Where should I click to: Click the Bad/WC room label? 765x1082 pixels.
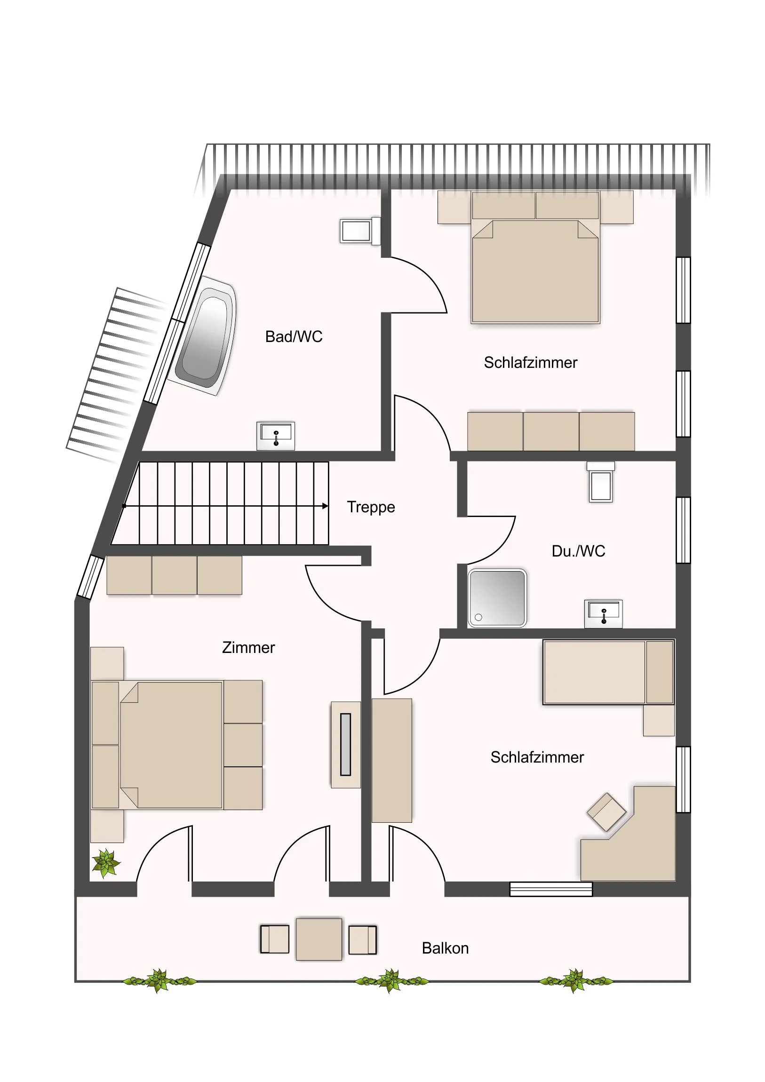(x=294, y=336)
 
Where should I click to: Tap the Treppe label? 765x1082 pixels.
(x=371, y=507)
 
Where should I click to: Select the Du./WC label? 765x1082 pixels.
(x=578, y=551)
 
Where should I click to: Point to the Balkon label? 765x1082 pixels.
(x=445, y=948)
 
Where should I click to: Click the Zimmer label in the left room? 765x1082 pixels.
(x=248, y=647)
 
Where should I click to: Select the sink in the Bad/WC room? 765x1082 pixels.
(x=276, y=436)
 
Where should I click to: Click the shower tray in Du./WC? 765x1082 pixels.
(x=497, y=598)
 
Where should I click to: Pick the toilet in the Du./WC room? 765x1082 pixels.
(x=600, y=482)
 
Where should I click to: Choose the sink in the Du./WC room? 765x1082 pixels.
(x=603, y=613)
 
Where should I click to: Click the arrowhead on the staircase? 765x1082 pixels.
(x=325, y=506)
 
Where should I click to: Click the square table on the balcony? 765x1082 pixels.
(x=319, y=939)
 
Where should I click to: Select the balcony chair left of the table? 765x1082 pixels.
(x=275, y=939)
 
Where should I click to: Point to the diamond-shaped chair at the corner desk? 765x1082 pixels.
(x=606, y=811)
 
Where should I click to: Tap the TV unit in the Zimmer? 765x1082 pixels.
(x=345, y=745)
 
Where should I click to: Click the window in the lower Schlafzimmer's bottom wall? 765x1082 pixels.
(x=551, y=889)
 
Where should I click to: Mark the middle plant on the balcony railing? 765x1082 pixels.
(x=391, y=981)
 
